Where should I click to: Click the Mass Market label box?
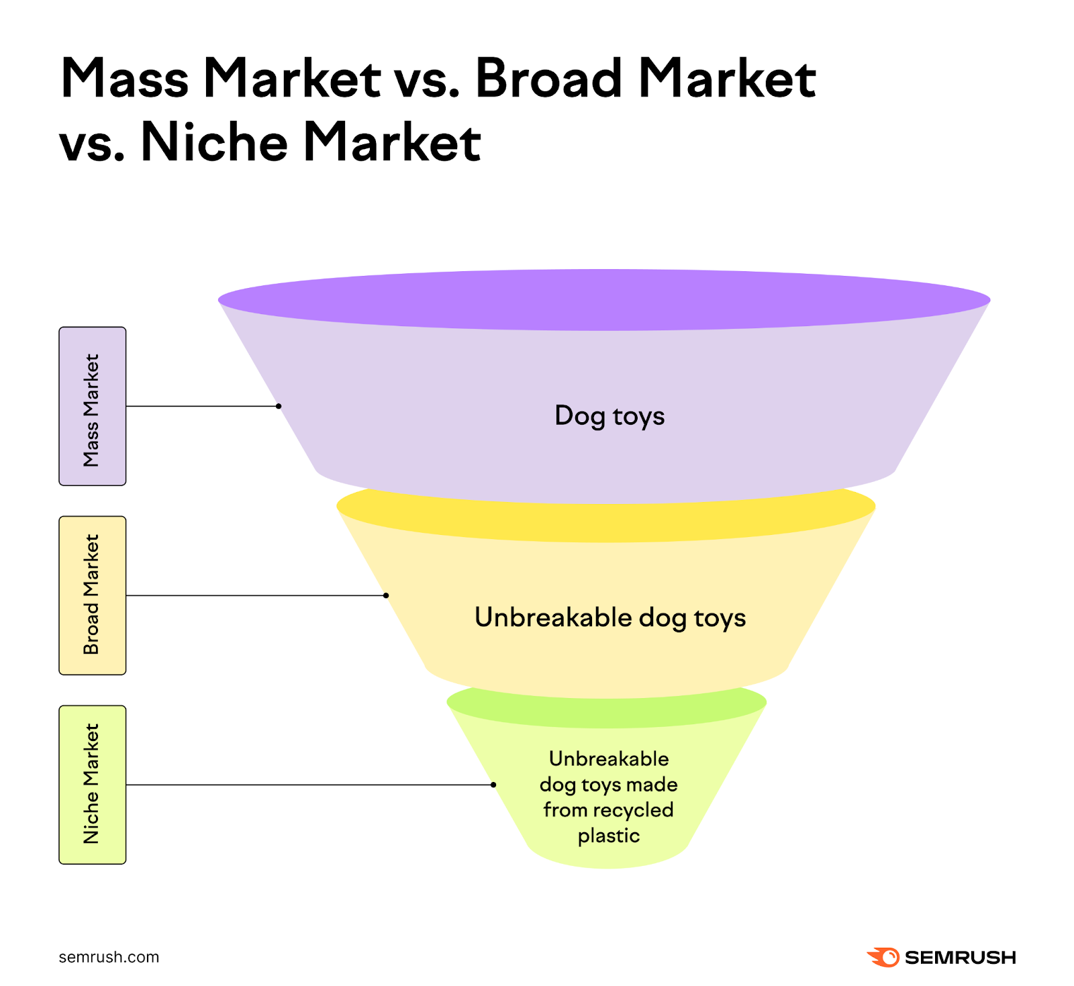point(93,406)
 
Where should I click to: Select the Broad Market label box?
point(93,595)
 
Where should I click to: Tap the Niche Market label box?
point(93,785)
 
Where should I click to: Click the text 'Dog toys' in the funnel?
point(609,415)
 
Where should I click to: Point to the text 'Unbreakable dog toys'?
point(609,618)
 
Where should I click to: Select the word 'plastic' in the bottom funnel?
point(609,836)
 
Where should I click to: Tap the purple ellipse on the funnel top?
point(604,299)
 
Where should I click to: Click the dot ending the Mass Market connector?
point(279,406)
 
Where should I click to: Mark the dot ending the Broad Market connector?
point(386,595)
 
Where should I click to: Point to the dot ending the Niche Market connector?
point(493,785)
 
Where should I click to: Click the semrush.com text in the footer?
point(109,957)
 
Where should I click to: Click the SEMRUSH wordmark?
point(960,958)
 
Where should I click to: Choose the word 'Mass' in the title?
point(125,79)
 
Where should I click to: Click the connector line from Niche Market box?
point(309,785)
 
